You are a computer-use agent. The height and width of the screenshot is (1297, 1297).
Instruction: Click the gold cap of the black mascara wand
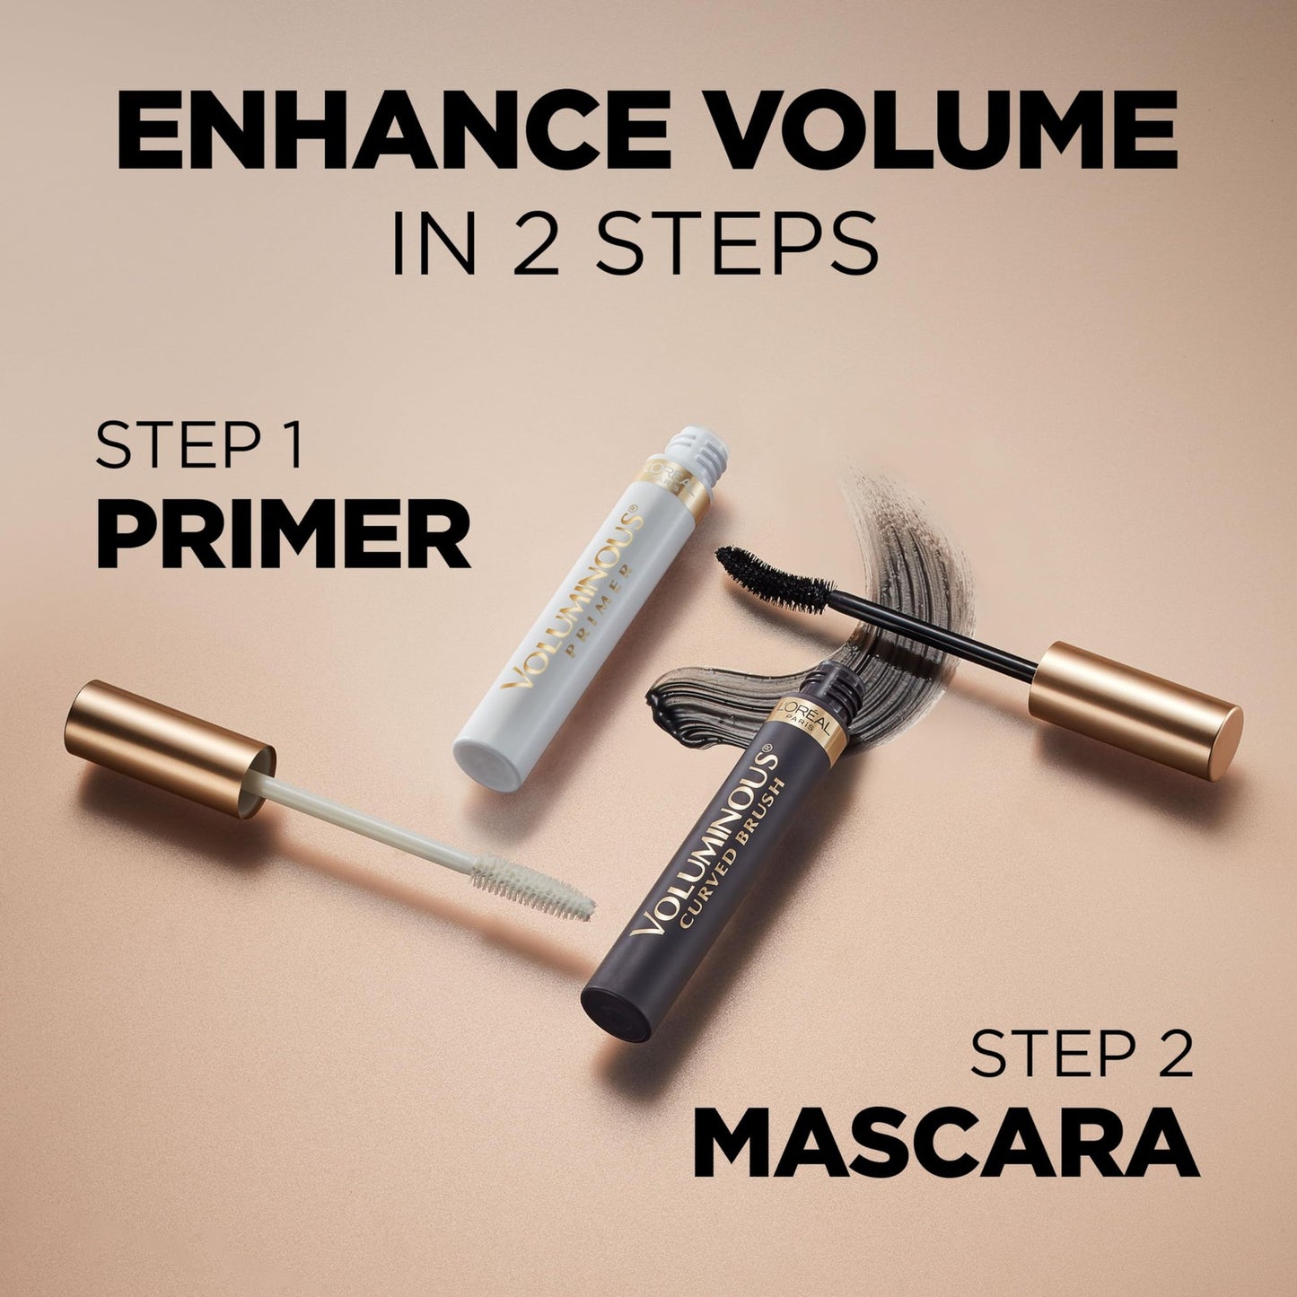1135,709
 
